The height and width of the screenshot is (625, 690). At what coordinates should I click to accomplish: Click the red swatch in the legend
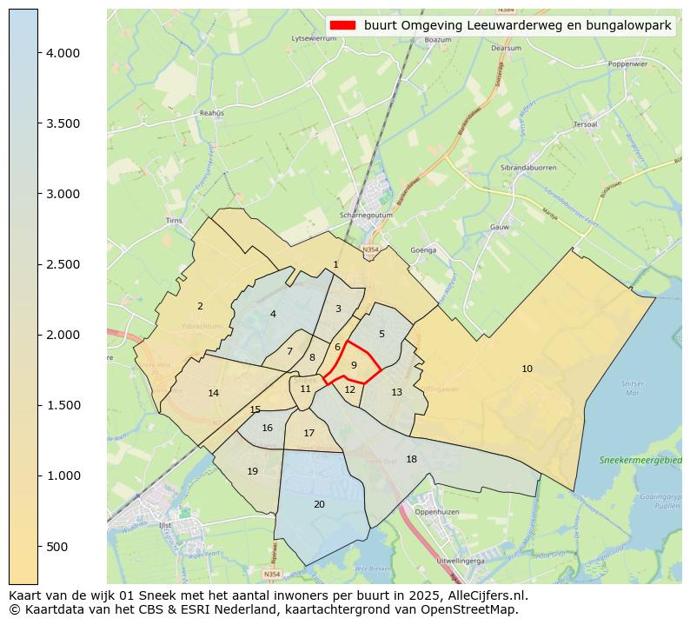click(343, 26)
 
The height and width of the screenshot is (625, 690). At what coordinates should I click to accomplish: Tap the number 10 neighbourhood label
click(527, 369)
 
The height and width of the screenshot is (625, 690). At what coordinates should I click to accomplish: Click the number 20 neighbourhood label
click(319, 505)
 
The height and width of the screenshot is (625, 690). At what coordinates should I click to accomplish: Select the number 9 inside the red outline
click(354, 366)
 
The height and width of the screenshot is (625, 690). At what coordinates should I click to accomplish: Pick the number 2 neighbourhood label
click(200, 306)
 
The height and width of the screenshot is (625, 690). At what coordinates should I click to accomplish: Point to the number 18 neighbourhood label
click(411, 459)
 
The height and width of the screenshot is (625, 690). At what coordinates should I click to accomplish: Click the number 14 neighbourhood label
click(214, 394)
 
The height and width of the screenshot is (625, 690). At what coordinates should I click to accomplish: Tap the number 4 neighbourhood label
click(273, 315)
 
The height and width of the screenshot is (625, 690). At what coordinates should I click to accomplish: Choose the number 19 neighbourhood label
click(252, 472)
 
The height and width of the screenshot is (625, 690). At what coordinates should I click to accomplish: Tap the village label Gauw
click(499, 227)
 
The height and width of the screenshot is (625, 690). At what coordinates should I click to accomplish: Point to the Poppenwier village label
click(627, 63)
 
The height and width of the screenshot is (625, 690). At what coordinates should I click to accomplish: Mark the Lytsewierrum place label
click(314, 39)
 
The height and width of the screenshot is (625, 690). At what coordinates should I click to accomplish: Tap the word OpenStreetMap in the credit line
click(477, 609)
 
